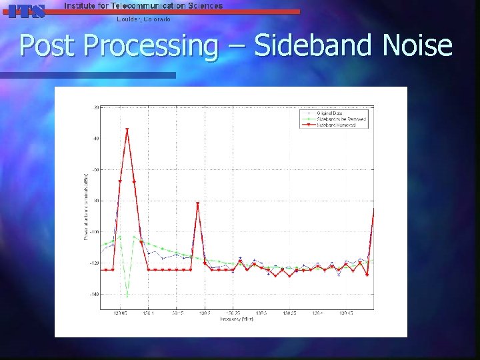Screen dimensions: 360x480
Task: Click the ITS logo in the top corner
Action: coord(25,10)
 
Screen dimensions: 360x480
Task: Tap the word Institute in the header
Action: coord(81,5)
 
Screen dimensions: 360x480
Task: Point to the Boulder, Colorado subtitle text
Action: coord(143,19)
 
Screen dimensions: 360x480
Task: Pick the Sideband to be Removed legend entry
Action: coord(341,119)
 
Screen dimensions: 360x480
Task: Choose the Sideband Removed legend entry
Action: coord(336,125)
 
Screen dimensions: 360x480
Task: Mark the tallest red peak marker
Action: coord(127,129)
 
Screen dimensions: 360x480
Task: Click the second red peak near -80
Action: coord(198,203)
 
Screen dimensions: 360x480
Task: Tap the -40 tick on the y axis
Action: coord(95,139)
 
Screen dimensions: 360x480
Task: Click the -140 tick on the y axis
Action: coord(94,294)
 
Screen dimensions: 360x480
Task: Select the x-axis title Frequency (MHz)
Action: coord(237,319)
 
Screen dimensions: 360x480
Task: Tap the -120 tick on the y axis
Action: coord(94,263)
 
